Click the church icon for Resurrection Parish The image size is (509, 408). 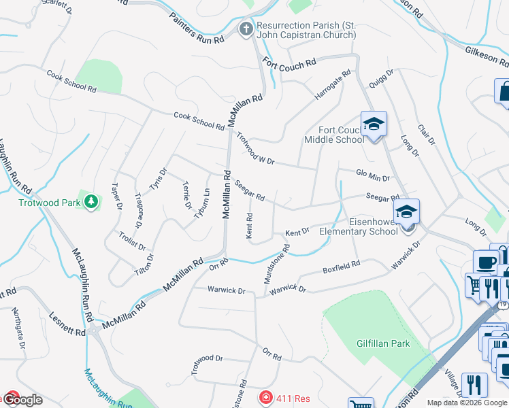(x=246, y=29)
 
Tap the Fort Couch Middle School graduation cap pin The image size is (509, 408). (x=374, y=124)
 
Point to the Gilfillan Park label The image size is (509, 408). (x=383, y=343)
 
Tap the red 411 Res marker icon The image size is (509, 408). (x=265, y=397)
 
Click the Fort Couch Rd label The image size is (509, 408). (x=290, y=63)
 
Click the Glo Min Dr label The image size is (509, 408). (x=373, y=175)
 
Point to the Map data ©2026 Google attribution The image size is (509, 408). (x=467, y=403)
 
